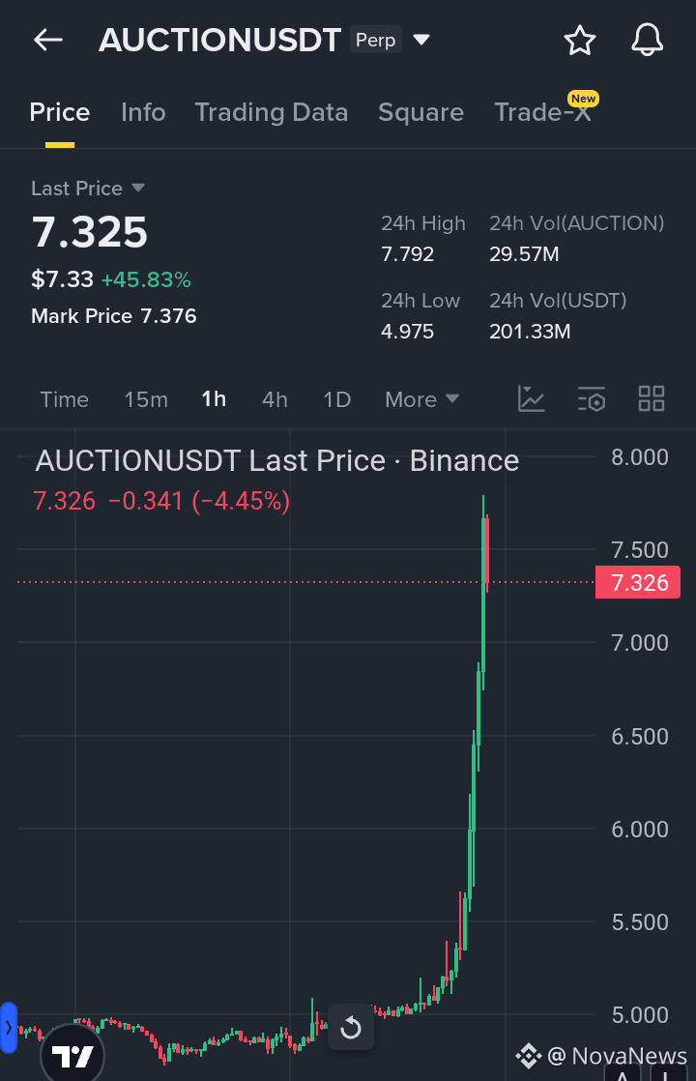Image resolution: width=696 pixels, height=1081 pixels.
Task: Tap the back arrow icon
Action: (48, 40)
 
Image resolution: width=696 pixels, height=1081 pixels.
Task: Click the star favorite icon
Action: (580, 40)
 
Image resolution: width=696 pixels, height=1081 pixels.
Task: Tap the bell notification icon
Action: (647, 40)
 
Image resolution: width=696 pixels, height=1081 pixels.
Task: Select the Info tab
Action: (143, 112)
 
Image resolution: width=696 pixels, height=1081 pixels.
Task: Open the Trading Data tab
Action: (272, 112)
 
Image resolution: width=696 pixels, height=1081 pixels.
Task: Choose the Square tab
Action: (421, 112)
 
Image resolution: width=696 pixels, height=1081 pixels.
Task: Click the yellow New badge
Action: (583, 99)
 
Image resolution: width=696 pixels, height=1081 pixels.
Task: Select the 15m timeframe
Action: (146, 399)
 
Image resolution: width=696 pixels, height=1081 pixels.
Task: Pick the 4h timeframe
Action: (275, 399)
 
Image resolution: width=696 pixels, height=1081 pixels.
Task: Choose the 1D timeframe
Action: (337, 399)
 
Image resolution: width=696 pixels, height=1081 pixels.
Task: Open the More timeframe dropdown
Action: (421, 399)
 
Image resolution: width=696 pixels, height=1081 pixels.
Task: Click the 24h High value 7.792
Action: (408, 254)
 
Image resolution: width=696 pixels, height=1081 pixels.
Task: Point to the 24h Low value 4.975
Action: (407, 332)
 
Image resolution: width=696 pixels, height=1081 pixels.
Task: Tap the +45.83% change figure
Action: (146, 279)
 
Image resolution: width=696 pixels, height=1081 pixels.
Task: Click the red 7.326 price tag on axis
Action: (638, 582)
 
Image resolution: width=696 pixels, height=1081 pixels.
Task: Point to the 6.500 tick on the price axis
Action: (640, 736)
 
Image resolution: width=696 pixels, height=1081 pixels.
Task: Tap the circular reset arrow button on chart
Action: (351, 1027)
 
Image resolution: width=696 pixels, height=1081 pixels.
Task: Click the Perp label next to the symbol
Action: (376, 40)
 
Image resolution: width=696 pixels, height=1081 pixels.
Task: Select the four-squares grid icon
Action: (652, 398)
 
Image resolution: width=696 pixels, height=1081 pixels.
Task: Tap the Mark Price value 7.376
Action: (169, 316)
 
